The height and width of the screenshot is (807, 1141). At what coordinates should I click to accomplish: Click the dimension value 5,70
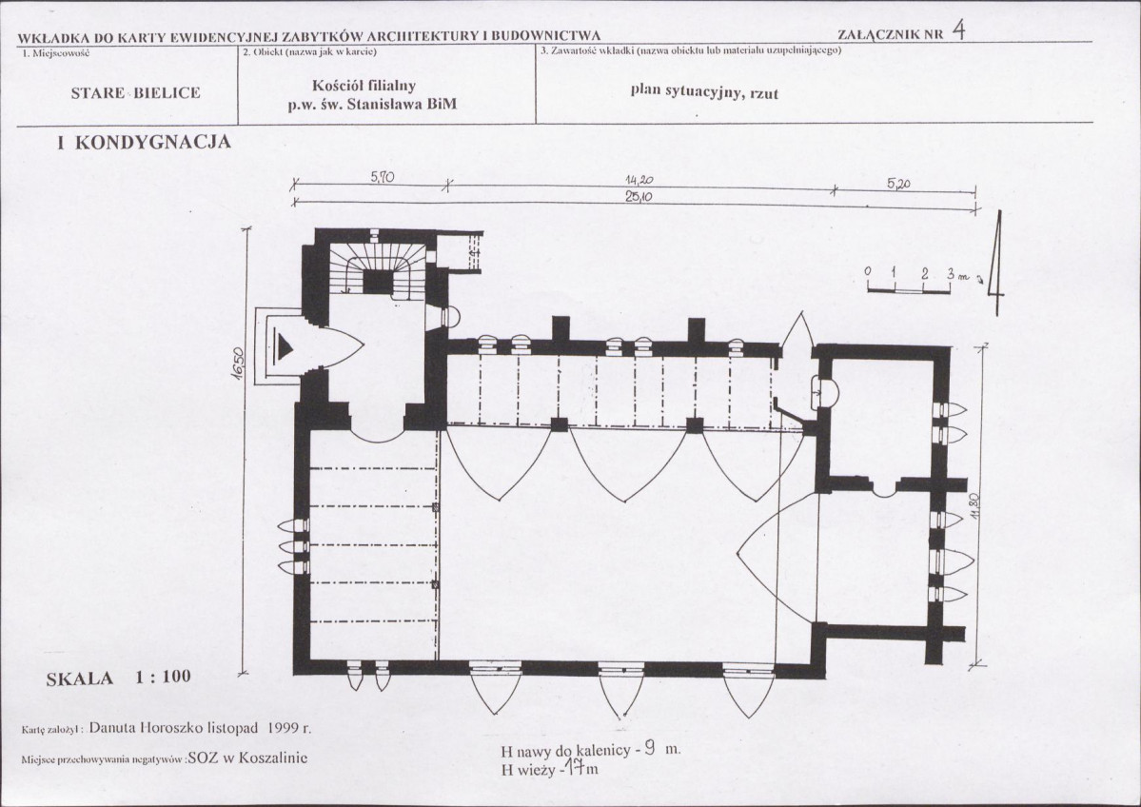pyautogui.click(x=382, y=177)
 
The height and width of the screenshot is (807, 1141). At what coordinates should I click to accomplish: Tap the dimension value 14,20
pyautogui.click(x=639, y=180)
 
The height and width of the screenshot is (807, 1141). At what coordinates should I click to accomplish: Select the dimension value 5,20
pyautogui.click(x=898, y=184)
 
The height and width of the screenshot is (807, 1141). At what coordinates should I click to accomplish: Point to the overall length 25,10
pyautogui.click(x=639, y=196)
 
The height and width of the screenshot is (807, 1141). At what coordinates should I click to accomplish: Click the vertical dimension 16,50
pyautogui.click(x=239, y=362)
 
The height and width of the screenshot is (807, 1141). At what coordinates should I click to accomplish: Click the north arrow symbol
pyautogui.click(x=996, y=263)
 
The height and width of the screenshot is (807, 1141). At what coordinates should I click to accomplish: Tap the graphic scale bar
pyautogui.click(x=909, y=290)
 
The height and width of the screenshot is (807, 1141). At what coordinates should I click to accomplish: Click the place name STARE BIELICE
pyautogui.click(x=135, y=93)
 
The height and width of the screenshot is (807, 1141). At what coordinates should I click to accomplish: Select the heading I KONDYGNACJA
pyautogui.click(x=144, y=142)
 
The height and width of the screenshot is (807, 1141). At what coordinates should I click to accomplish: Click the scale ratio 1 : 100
pyautogui.click(x=163, y=677)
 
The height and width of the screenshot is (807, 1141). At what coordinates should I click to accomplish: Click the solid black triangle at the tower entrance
pyautogui.click(x=285, y=347)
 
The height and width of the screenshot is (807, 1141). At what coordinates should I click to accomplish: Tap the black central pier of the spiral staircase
pyautogui.click(x=378, y=282)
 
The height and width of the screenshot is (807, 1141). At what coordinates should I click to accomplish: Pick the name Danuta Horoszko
pyautogui.click(x=147, y=726)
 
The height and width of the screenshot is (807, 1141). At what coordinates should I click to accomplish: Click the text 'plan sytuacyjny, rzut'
pyautogui.click(x=704, y=91)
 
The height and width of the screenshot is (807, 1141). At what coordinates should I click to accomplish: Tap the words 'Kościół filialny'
pyautogui.click(x=364, y=85)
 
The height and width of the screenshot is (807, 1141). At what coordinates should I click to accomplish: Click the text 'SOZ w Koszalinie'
pyautogui.click(x=247, y=758)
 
